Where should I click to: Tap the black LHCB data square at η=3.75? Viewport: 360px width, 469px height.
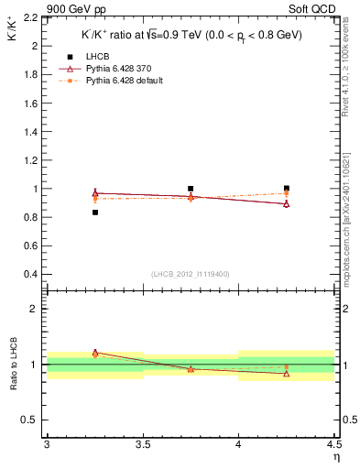point(191,189)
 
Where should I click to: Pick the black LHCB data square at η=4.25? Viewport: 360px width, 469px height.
point(287,189)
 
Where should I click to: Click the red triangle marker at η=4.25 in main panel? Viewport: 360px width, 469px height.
point(287,203)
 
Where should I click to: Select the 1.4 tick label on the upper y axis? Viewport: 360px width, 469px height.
point(30,132)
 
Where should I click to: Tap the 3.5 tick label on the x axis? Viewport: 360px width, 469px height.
point(142,445)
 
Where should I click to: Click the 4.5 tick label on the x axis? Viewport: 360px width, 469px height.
point(333,445)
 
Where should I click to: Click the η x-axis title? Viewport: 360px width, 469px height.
point(335,458)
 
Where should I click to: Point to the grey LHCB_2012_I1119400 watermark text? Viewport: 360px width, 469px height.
point(190,274)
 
